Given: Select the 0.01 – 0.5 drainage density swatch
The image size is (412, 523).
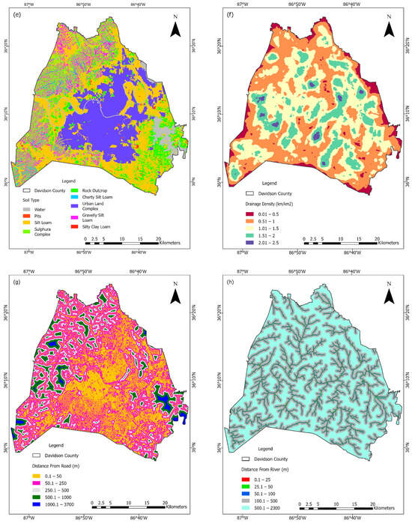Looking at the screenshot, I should click(x=238, y=213).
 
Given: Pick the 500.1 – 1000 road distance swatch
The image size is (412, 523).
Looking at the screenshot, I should click(x=34, y=492).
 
